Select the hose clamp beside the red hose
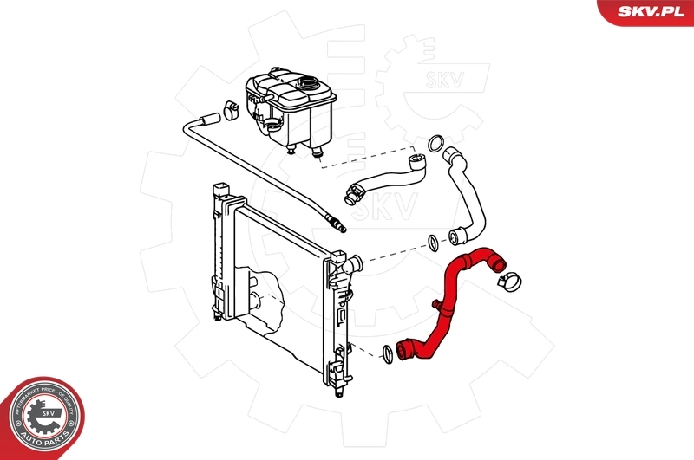pyautogui.click(x=507, y=279)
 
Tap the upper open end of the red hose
pyautogui.click(x=495, y=258)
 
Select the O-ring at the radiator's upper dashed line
pyautogui.click(x=432, y=242)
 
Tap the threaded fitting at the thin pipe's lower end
pyautogui.click(x=337, y=225)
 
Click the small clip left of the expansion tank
pyautogui.click(x=231, y=109)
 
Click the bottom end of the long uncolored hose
pyautogui.click(x=456, y=233)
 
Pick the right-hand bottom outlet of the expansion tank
pyautogui.click(x=318, y=154)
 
